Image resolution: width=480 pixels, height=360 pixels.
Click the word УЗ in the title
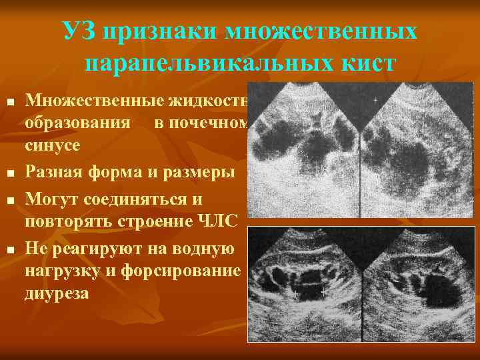click(77, 31)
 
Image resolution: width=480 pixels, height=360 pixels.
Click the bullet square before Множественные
click(9, 101)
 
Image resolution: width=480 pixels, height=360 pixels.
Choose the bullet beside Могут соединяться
click(9, 201)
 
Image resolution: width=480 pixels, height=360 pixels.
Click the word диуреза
click(56, 293)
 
